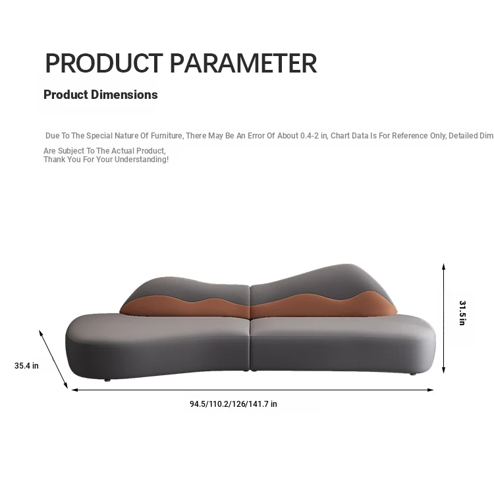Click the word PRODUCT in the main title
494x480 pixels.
pyautogui.click(x=104, y=63)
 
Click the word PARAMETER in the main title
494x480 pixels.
pyautogui.click(x=243, y=63)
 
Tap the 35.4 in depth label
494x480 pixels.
pyautogui.click(x=26, y=366)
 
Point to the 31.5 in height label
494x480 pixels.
pyautogui.click(x=462, y=313)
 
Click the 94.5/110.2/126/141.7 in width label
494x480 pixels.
pyautogui.click(x=233, y=404)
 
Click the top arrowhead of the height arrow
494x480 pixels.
pyautogui.click(x=443, y=266)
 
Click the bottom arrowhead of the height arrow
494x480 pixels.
pyautogui.click(x=443, y=371)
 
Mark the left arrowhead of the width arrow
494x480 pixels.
pyautogui.click(x=74, y=390)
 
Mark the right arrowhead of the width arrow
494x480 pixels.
pyautogui.click(x=431, y=390)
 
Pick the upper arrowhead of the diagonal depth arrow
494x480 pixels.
pyautogui.click(x=41, y=333)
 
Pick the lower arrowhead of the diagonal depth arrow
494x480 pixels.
pyautogui.click(x=66, y=386)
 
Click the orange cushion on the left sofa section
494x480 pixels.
pyautogui.click(x=186, y=307)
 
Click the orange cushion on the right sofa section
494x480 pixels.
pyautogui.click(x=325, y=305)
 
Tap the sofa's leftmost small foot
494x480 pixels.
pyautogui.click(x=107, y=380)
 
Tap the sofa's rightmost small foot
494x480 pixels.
pyautogui.click(x=413, y=374)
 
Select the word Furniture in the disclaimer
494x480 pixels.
pyautogui.click(x=167, y=136)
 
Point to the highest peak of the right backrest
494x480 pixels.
pyautogui.click(x=346, y=264)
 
